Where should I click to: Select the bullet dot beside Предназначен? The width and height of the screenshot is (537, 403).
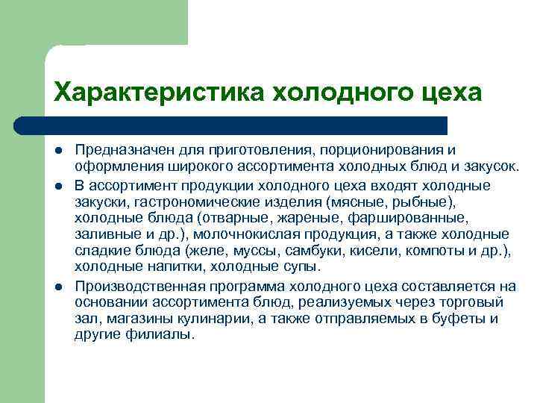point(58,153)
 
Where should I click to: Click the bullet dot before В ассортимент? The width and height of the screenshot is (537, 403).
point(58,185)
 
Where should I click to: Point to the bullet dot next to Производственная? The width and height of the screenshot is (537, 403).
point(58,286)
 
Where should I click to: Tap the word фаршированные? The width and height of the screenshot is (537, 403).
point(407,217)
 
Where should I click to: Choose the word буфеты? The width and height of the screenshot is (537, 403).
point(456,319)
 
